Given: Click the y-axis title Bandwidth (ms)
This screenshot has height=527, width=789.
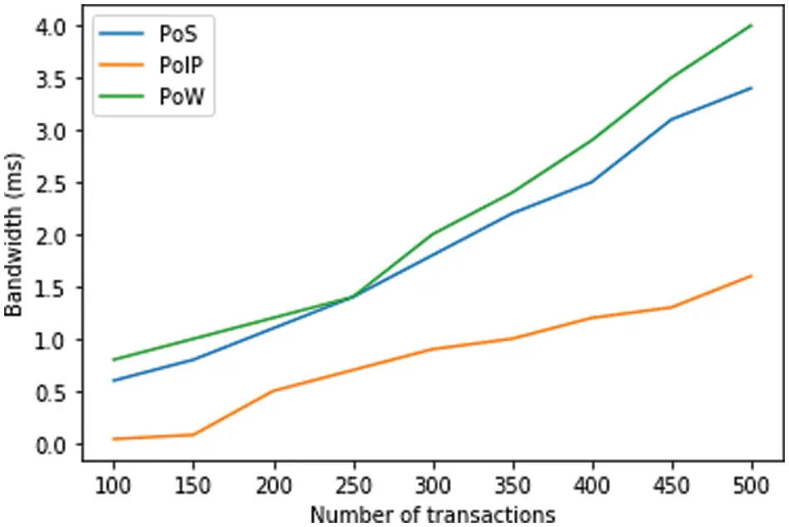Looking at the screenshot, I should coord(14,234).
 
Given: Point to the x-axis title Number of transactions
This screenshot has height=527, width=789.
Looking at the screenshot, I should coord(432,514).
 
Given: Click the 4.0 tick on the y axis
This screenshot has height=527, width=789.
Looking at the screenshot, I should coord(51,27).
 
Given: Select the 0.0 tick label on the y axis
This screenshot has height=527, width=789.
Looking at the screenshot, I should coord(51,444).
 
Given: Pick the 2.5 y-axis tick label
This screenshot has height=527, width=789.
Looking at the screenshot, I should coord(51,183).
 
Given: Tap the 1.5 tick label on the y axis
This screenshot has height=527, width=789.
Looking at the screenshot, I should coord(51,288).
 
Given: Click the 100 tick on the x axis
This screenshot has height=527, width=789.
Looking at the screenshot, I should coord(113,484).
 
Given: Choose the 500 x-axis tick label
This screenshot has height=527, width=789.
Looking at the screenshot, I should coord(752,484).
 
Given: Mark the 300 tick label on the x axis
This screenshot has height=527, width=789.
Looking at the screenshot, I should coord(433,484).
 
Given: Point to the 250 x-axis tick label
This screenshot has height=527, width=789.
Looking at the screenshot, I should coord(353,484).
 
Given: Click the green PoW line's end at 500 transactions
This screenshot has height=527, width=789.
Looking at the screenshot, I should coord(752,26).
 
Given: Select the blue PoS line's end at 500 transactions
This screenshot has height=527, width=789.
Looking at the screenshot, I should coord(752,88).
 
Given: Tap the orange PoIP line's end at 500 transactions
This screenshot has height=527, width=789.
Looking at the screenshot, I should coord(752,276).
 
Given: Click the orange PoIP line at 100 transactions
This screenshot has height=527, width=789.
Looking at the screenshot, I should coord(113,439).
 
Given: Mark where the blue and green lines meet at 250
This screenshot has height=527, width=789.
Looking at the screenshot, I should coord(353,296).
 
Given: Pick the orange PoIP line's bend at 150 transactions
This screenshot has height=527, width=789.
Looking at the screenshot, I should coord(193,435).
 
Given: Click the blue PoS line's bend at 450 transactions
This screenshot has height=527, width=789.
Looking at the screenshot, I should coord(672,120).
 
